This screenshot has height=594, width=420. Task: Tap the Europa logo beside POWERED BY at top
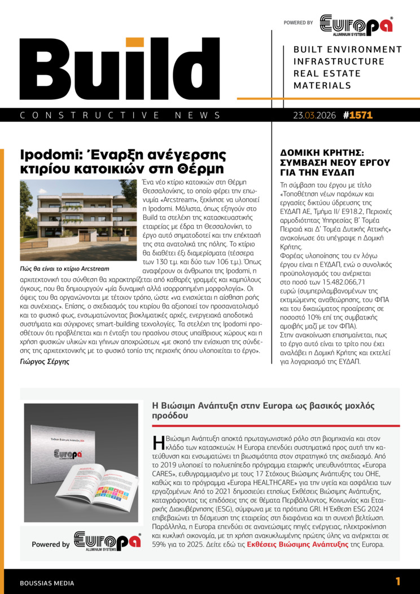356,24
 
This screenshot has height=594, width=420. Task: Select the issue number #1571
357,115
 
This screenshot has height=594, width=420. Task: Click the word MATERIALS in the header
322,86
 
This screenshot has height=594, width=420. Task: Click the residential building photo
78,220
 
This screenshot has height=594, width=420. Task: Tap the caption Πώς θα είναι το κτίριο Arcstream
64,268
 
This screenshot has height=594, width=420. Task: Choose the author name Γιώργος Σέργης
45,362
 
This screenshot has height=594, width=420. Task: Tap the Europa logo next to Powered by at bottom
107,541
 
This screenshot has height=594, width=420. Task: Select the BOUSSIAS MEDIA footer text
47,583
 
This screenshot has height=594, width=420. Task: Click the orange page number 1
398,581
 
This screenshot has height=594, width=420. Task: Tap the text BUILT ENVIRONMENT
348,50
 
